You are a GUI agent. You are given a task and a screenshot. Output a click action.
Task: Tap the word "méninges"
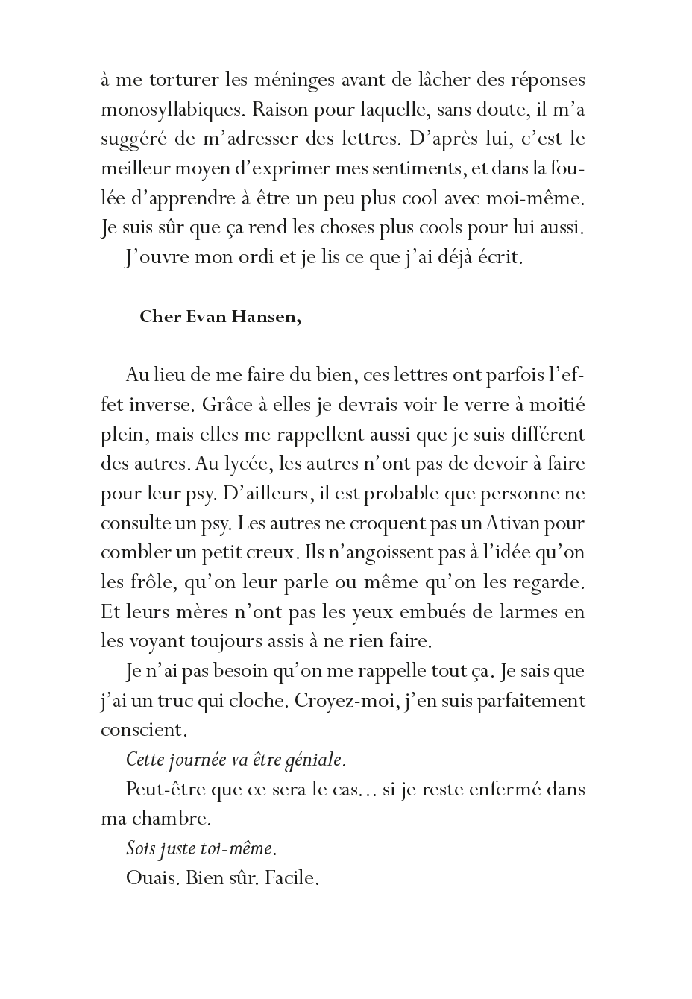(301, 80)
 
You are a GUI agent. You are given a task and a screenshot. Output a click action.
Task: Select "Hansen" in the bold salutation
(271, 316)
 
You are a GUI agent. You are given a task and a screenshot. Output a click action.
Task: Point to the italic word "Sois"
(139, 848)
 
